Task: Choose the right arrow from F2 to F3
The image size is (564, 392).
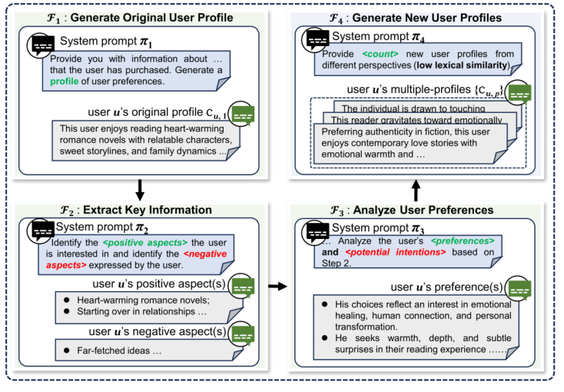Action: point(274,287)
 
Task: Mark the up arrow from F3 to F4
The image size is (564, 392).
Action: point(415,188)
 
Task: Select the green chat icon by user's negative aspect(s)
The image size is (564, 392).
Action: point(244,334)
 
